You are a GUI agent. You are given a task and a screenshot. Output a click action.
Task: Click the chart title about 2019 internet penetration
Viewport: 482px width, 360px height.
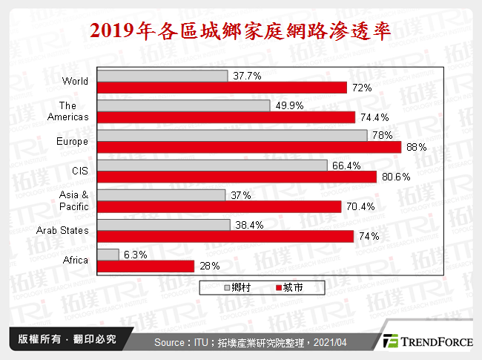click(x=240, y=30)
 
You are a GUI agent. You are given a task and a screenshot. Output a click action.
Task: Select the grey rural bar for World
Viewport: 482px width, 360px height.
click(x=162, y=76)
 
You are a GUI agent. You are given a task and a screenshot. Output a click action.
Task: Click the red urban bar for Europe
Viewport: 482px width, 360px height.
click(x=248, y=147)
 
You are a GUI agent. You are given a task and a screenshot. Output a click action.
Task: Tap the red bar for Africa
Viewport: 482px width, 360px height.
click(x=145, y=266)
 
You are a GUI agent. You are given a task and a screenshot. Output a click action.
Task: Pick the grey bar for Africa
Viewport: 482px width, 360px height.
click(x=108, y=254)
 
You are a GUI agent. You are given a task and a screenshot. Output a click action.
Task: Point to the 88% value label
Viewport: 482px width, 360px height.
click(x=416, y=148)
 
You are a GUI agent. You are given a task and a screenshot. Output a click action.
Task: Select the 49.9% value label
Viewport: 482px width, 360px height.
click(x=287, y=106)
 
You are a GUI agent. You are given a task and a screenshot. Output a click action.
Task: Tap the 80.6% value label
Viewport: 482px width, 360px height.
click(x=394, y=177)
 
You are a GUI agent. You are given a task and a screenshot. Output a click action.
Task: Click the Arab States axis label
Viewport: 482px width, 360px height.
click(x=62, y=231)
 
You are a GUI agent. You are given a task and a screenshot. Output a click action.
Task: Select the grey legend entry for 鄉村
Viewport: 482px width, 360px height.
click(x=238, y=287)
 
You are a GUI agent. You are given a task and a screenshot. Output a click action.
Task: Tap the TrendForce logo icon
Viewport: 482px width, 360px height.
click(x=392, y=341)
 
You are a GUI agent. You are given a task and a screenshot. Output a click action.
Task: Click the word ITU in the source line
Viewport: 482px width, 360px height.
click(x=201, y=342)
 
